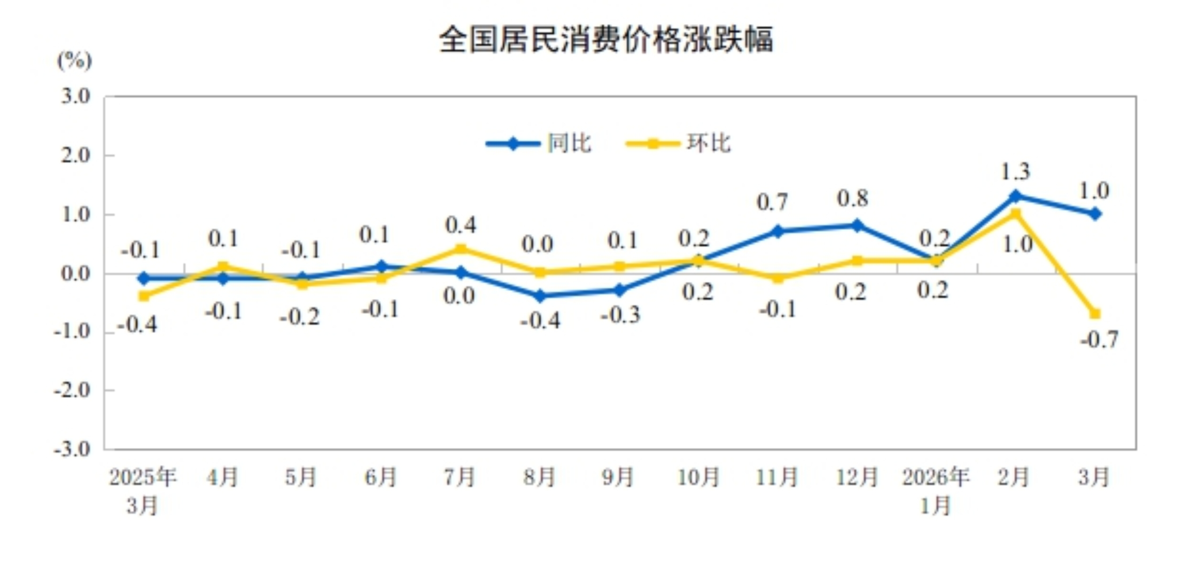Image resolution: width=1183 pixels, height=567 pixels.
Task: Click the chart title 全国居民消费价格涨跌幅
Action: coord(606,40)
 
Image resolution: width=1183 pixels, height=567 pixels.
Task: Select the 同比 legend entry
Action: coord(569,143)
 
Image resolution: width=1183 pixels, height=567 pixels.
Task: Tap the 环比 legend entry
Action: coord(708,143)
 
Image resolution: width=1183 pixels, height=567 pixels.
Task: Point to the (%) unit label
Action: coord(74,60)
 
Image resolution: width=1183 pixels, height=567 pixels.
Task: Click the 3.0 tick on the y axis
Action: coord(75,97)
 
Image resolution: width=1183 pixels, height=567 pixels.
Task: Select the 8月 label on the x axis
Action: coord(539,477)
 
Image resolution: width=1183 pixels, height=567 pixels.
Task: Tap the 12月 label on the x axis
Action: coord(857,477)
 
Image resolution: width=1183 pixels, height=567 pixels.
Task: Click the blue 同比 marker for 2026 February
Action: coord(1015,196)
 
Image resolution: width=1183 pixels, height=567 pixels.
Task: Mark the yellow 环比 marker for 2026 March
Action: coord(1095,314)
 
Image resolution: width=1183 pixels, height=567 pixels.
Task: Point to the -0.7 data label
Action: coord(1099,340)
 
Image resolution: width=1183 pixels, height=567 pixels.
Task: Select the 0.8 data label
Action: coord(853,199)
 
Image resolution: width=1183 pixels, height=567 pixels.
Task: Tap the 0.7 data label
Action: coord(772,202)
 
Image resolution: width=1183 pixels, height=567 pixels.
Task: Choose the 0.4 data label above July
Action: coord(461,225)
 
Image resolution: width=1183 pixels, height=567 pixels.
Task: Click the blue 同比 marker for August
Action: coord(539,295)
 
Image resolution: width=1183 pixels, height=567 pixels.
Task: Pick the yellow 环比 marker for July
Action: coord(461,249)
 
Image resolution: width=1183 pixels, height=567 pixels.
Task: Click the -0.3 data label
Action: coord(620,315)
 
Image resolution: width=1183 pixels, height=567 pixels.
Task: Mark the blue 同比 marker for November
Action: coord(777,231)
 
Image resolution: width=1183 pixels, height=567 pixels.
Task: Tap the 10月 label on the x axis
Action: coord(698,477)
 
